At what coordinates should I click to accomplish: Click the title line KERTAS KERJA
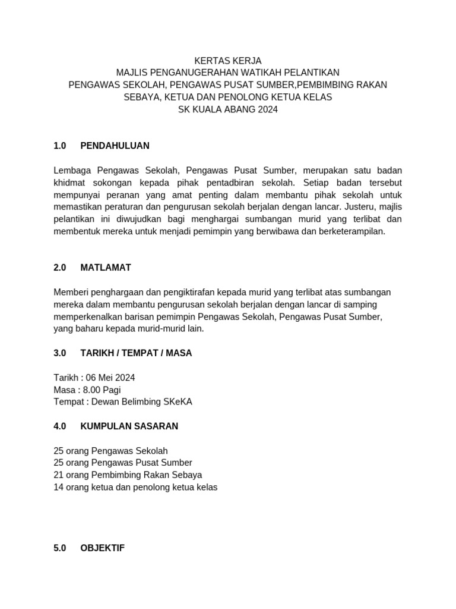228,61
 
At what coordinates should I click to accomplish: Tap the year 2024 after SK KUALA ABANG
268,109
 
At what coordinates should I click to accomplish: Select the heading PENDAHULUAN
115,146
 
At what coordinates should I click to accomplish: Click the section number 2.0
59,268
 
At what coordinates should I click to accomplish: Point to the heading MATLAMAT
106,268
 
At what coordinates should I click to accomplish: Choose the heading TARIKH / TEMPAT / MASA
136,353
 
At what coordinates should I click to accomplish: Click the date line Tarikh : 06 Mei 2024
94,378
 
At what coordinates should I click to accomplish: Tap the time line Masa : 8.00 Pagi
87,390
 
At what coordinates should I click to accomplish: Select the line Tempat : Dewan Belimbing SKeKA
123,402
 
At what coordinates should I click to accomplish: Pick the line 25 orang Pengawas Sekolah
110,451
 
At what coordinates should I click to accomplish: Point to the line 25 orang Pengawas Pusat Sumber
123,463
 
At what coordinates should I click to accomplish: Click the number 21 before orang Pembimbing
58,475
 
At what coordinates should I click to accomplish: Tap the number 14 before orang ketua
58,487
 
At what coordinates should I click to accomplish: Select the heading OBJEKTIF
102,548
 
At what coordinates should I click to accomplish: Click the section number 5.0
59,548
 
